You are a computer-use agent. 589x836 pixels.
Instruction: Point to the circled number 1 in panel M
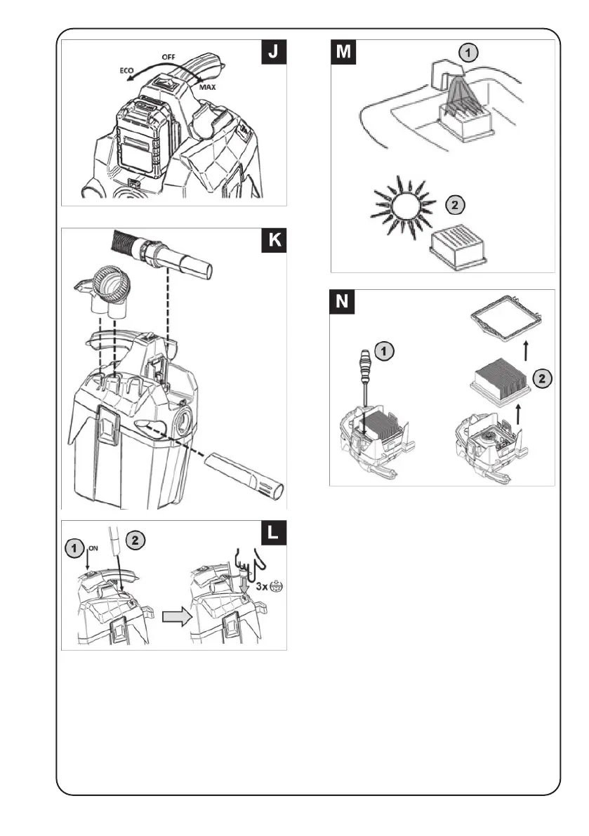(468, 52)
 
